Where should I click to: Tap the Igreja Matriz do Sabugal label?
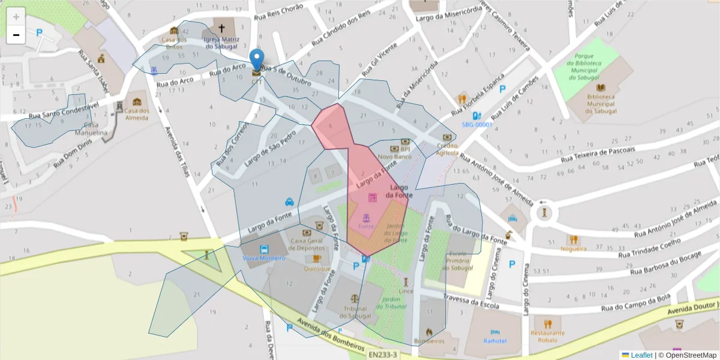coord(221,43)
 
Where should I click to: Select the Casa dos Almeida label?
coord(136,114)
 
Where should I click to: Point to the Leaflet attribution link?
coord(641,355)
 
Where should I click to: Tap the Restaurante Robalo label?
coord(547,336)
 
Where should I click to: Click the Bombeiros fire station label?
coord(429,341)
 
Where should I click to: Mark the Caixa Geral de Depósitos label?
coord(307,244)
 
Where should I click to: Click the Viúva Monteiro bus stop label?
coord(264,257)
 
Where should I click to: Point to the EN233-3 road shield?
coord(382,355)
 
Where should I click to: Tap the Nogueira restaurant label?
coord(573,248)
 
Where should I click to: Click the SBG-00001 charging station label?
coord(476,125)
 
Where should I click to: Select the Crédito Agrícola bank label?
coord(447,149)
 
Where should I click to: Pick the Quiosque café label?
coord(317,269)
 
